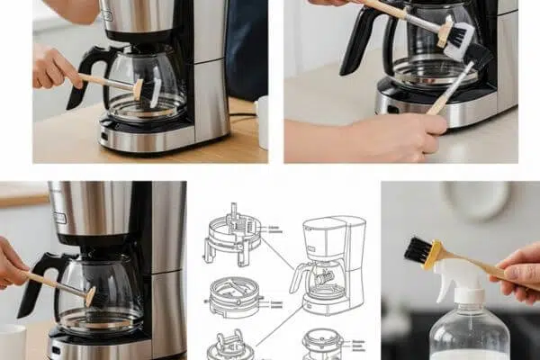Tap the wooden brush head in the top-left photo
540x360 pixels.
139,88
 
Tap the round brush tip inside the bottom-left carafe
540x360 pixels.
90,295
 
